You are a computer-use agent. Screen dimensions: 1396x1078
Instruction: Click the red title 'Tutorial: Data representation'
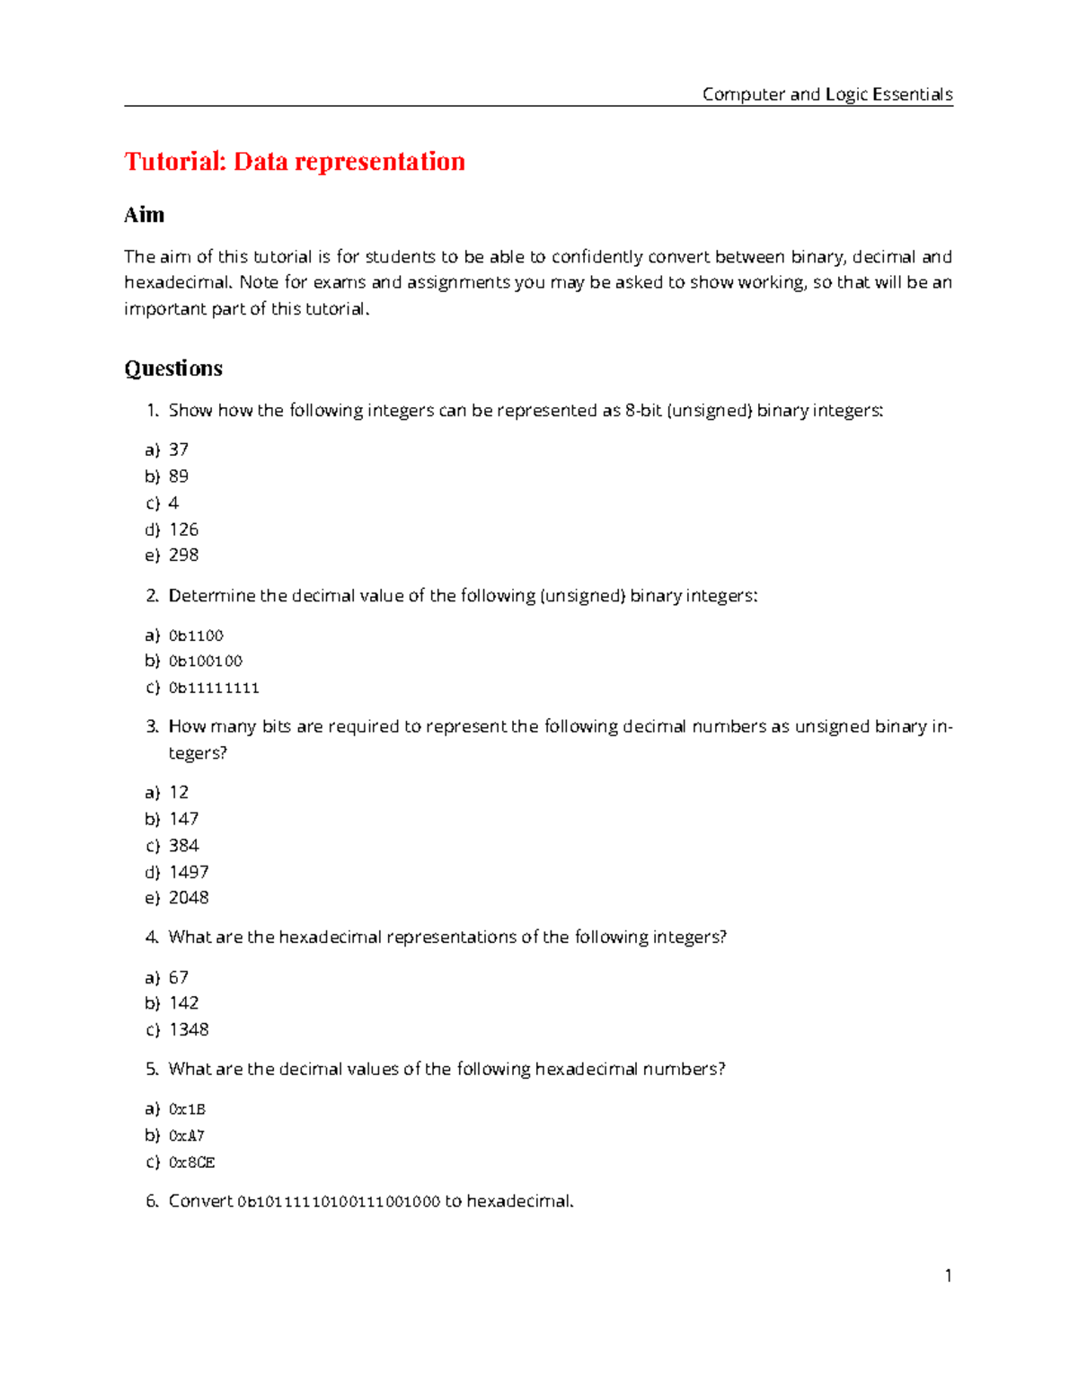295,162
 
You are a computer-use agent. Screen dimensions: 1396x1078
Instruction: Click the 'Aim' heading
144,215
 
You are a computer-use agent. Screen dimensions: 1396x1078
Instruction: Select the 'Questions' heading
173,369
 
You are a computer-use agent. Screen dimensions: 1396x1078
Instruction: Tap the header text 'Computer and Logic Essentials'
826,94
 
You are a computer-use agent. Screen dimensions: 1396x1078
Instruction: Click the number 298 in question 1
183,555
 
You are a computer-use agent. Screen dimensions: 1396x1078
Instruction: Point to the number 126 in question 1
183,529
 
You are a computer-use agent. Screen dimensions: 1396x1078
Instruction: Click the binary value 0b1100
196,636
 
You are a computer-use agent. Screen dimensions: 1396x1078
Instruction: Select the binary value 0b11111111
214,688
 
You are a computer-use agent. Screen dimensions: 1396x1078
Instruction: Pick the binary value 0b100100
205,661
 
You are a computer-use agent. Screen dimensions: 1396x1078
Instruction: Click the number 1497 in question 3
189,872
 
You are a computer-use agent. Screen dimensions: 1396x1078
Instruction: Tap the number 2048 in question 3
189,897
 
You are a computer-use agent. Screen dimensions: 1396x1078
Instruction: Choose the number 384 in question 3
183,845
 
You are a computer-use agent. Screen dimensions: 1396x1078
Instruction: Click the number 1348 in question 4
189,1029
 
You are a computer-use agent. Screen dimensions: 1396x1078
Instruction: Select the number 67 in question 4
178,977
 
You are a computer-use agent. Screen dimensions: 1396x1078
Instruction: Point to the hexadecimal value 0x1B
187,1109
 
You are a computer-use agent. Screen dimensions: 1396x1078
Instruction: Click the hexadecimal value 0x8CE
191,1162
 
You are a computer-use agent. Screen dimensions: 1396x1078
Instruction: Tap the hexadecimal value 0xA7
186,1135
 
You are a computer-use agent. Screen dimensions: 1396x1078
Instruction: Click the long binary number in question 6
339,1202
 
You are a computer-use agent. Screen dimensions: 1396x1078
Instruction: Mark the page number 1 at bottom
948,1276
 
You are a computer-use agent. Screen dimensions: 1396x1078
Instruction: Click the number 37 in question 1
178,449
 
